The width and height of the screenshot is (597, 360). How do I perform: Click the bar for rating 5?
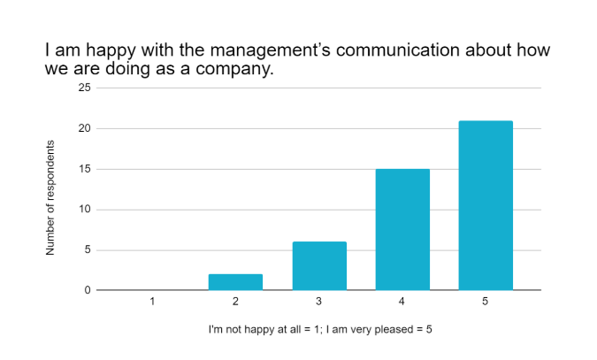click(486, 205)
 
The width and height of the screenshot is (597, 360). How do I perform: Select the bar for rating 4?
click(402, 229)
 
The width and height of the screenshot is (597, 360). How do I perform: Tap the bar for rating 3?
click(319, 265)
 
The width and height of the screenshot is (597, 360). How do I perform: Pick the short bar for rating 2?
click(236, 282)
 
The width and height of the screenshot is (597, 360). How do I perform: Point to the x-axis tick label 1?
click(153, 302)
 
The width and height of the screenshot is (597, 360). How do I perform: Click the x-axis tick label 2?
click(236, 302)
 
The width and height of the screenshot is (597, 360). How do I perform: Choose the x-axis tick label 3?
click(319, 302)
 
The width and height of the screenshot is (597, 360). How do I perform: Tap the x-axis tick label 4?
click(402, 302)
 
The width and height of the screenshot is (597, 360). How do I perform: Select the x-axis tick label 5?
click(486, 302)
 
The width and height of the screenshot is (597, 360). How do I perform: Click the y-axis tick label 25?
click(85, 88)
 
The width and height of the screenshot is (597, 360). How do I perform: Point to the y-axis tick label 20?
click(85, 129)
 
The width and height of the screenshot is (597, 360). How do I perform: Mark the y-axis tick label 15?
click(85, 169)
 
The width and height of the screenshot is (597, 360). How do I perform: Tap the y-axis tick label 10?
click(85, 210)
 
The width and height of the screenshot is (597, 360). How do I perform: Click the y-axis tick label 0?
click(88, 290)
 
